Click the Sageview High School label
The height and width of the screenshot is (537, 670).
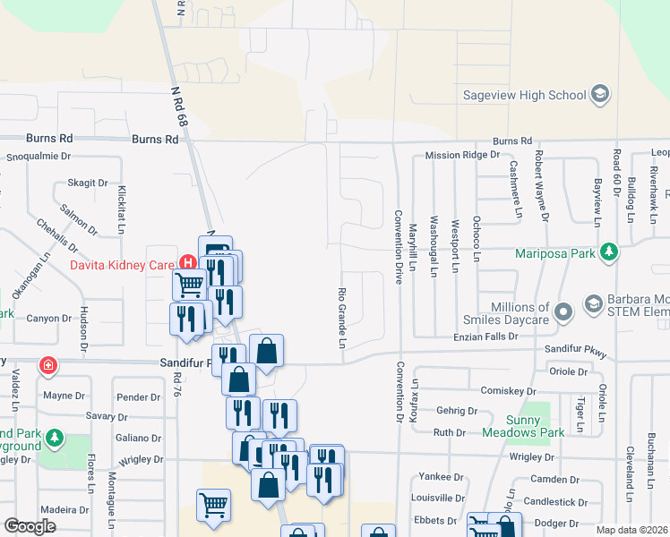524,95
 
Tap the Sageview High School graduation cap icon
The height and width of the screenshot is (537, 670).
600,94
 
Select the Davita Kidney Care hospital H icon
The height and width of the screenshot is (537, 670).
188,263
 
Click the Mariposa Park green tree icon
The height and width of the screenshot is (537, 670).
609,252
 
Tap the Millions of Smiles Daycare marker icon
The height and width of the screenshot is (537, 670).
563,312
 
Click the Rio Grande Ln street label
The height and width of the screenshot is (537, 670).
341,318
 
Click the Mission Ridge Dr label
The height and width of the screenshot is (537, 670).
461,155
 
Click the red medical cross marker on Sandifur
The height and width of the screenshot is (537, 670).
47,366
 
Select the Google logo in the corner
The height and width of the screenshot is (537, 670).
30,526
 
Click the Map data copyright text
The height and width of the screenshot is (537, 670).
632,530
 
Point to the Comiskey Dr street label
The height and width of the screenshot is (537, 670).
506,391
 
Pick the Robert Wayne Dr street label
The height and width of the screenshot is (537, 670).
541,190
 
